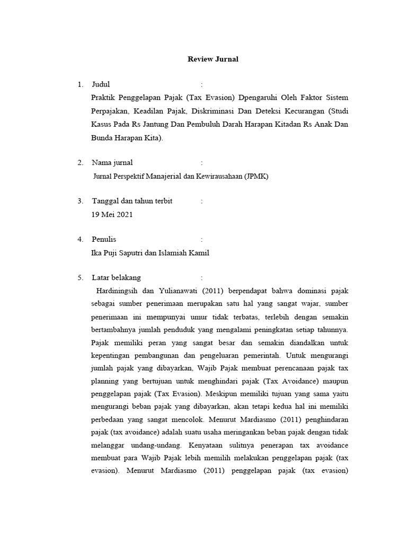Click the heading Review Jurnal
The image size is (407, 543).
(x=213, y=59)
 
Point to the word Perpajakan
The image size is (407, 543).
(x=109, y=112)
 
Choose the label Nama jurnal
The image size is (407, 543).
(x=112, y=162)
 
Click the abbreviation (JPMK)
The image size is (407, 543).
(x=256, y=176)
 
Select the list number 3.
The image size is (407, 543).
(x=80, y=201)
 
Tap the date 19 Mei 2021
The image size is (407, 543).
(x=112, y=215)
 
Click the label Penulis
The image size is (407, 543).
(x=104, y=239)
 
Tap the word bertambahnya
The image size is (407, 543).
(x=113, y=329)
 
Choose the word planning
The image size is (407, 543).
(x=105, y=380)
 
